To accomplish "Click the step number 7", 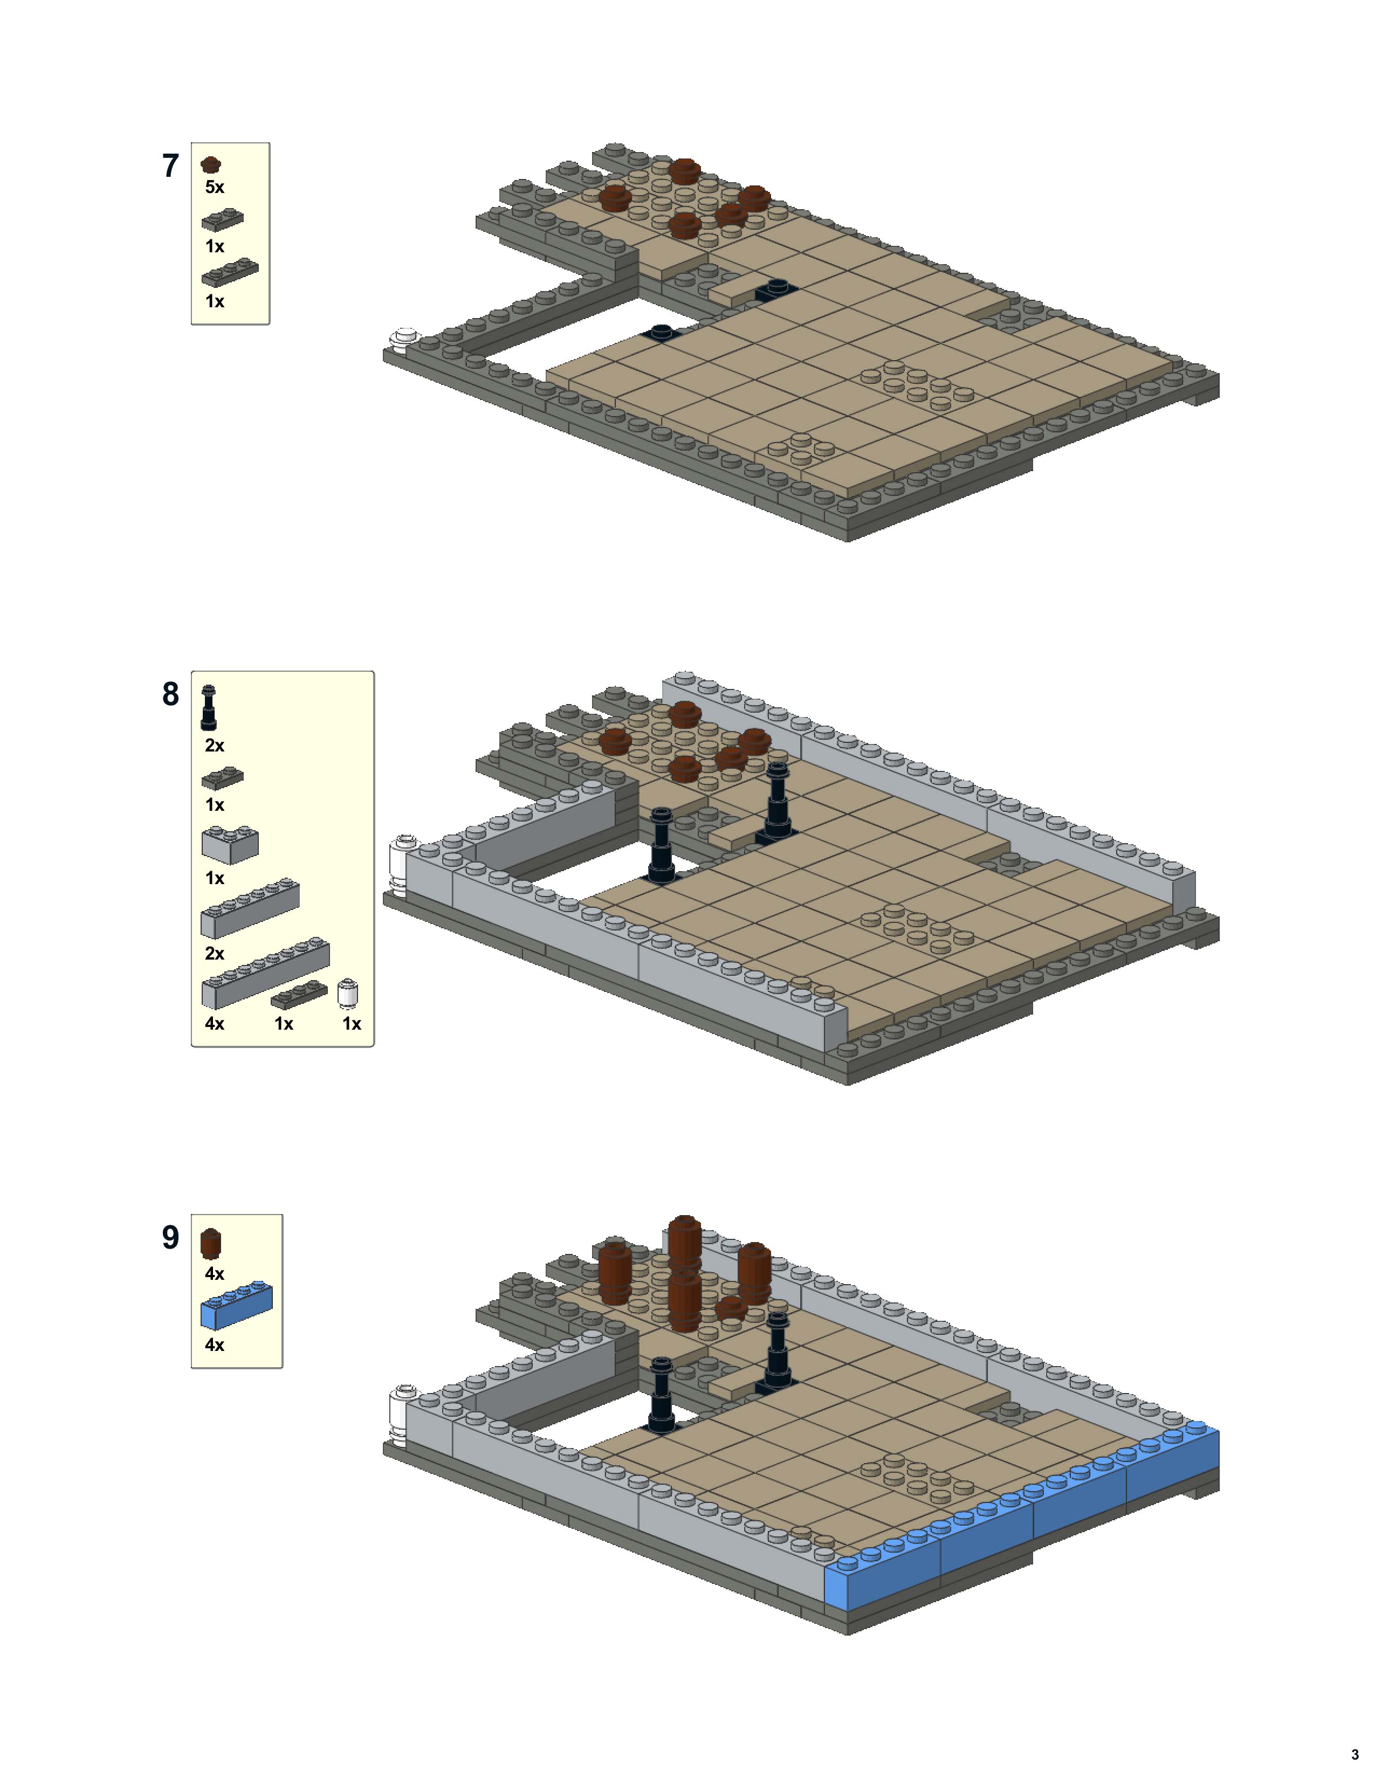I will (170, 166).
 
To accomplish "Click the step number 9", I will (170, 1237).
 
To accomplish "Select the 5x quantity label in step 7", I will (214, 188).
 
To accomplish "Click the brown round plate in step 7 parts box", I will (211, 164).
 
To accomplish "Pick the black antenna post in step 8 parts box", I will (209, 708).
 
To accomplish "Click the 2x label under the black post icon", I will (214, 746).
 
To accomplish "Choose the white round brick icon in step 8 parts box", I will (348, 994).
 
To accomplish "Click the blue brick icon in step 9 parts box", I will (236, 1305).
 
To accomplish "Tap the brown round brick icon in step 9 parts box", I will (211, 1244).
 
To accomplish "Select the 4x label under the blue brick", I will (214, 1345).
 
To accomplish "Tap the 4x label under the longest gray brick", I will (214, 1023).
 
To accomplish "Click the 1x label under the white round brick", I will (351, 1023).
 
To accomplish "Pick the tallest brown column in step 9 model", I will (684, 1246).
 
